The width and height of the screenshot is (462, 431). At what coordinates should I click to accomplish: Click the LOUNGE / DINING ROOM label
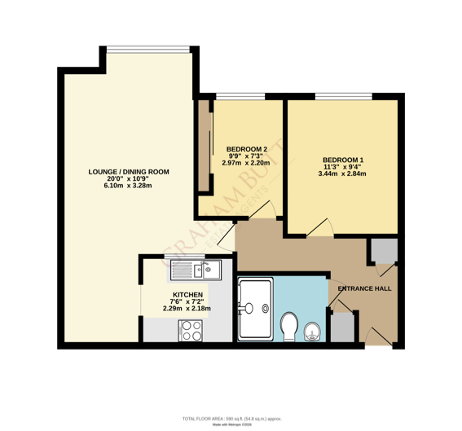point(129,171)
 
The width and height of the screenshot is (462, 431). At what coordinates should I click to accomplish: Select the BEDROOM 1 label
point(342,159)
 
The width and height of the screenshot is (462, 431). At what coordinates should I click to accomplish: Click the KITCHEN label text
point(187,294)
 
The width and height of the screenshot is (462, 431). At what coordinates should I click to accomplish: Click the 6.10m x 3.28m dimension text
point(128,186)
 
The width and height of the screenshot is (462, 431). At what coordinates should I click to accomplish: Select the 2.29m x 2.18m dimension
point(187,309)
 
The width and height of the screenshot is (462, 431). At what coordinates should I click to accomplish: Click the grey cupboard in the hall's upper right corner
point(381,252)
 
